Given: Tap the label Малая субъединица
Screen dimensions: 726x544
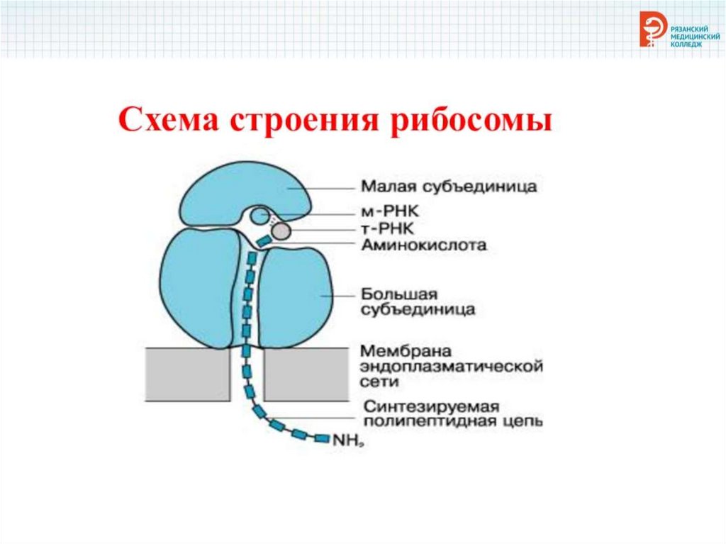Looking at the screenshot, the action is point(449,187).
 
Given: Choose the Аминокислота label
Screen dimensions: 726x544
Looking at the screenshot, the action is point(423,245).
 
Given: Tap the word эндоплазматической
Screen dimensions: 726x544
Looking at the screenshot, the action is point(450,367).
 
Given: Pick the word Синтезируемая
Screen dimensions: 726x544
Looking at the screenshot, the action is point(432,406).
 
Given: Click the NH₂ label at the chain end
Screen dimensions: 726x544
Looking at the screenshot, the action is point(348,440).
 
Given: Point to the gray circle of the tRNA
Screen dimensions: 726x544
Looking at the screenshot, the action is point(280,231).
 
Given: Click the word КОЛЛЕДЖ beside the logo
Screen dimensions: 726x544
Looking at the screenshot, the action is point(685,43).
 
